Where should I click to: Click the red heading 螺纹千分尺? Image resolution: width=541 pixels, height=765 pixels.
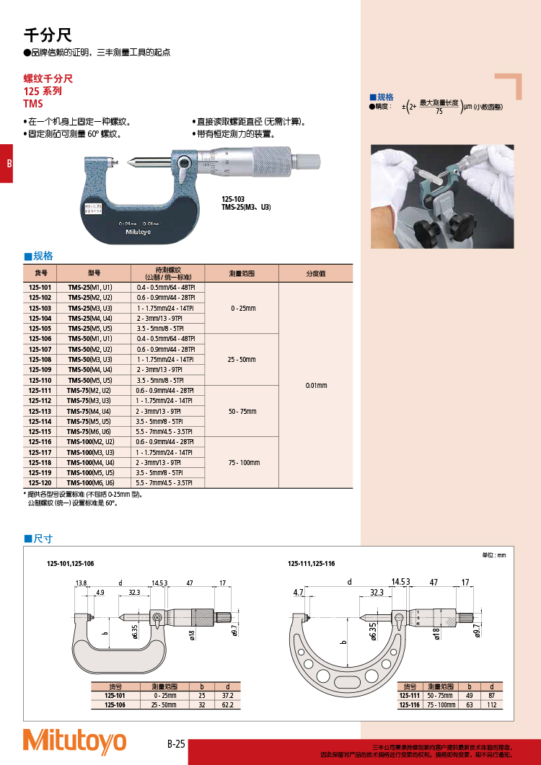[48, 79]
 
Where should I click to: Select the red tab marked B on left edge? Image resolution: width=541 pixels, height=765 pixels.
[6, 163]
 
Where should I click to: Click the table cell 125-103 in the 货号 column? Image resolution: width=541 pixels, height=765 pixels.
[40, 308]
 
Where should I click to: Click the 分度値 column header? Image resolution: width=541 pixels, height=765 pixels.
[316, 273]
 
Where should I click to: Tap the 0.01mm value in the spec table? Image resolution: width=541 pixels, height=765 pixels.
[316, 385]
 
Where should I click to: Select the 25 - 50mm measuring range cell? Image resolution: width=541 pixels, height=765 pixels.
[242, 359]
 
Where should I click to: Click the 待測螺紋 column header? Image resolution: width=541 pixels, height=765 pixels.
[168, 273]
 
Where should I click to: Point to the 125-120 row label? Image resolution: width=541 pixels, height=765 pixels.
[40, 482]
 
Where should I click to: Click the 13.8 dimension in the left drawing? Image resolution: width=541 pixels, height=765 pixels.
[81, 582]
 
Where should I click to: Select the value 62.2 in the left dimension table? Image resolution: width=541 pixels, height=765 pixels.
[228, 704]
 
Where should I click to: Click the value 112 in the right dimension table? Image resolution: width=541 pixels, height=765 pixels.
[491, 704]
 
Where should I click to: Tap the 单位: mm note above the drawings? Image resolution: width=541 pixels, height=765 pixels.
[494, 555]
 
